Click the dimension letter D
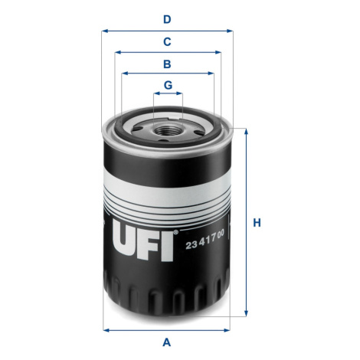(167, 19)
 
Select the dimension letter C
(167, 41)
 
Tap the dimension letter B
(167, 64)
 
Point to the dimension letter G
(168, 85)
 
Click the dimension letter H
(257, 223)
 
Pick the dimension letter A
(166, 342)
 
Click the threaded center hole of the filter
(168, 130)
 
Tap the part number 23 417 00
(205, 239)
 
